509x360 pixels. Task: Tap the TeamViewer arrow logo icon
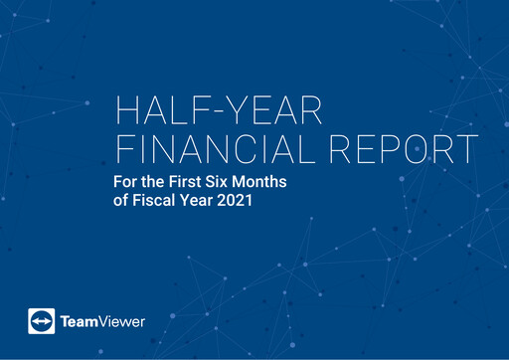[x=41, y=321]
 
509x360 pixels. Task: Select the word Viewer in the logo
[x=123, y=322]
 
